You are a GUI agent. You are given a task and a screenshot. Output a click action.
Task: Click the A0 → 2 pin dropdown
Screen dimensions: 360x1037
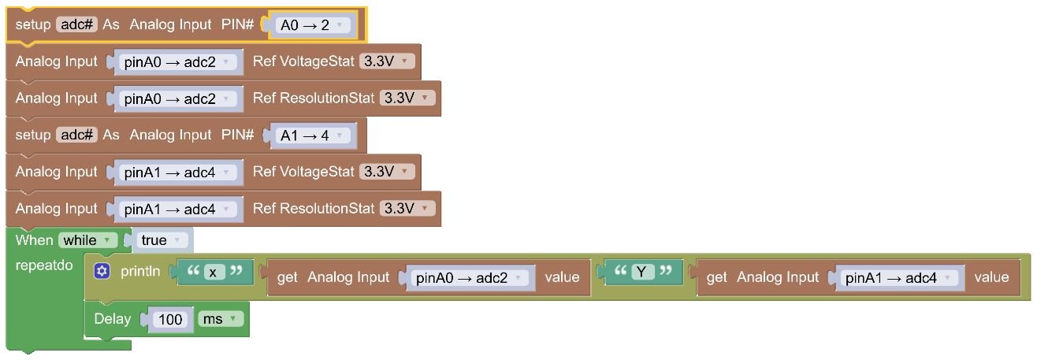pyautogui.click(x=314, y=25)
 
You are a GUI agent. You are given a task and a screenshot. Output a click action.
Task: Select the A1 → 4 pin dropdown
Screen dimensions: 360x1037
pyautogui.click(x=314, y=135)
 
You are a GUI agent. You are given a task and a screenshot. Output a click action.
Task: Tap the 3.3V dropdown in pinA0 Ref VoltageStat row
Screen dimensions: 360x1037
pyautogui.click(x=387, y=61)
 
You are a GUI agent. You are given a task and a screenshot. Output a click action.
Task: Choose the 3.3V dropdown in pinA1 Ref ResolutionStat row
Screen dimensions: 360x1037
pyautogui.click(x=407, y=209)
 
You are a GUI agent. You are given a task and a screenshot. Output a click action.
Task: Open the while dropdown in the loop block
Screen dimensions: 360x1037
pyautogui.click(x=87, y=240)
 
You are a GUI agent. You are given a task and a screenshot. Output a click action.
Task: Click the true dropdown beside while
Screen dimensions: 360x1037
pyautogui.click(x=162, y=240)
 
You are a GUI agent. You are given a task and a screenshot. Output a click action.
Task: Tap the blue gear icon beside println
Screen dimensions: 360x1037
pyautogui.click(x=102, y=272)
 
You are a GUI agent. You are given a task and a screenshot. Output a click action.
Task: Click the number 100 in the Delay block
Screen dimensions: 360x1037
pyautogui.click(x=171, y=319)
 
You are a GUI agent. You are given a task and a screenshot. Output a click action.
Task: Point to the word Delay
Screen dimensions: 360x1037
pyautogui.click(x=112, y=319)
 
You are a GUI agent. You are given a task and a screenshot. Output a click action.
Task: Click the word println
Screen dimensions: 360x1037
pyautogui.click(x=140, y=272)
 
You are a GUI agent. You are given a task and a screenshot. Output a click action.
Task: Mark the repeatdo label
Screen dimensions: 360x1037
pyautogui.click(x=44, y=265)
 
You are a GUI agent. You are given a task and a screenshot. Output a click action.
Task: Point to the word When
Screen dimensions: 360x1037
pyautogui.click(x=34, y=240)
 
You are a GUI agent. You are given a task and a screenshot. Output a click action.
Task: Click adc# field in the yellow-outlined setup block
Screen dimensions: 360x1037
pyautogui.click(x=76, y=24)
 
